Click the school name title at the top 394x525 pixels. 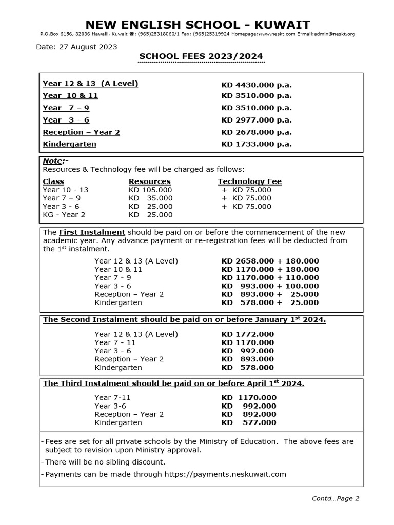(197, 24)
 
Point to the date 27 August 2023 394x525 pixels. (76, 47)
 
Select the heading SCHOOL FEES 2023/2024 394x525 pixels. (201, 56)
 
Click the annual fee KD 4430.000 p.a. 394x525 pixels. (256, 84)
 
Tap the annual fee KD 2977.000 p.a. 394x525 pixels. (256, 120)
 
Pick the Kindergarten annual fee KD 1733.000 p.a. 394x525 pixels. (256, 144)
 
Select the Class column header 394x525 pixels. (53, 181)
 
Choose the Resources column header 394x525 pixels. (149, 181)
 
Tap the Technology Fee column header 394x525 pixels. (249, 181)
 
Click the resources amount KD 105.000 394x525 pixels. (150, 190)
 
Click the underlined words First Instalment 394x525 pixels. (92, 232)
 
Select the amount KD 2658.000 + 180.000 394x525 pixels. (270, 261)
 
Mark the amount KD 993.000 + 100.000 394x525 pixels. (270, 286)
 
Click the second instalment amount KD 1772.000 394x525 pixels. (248, 334)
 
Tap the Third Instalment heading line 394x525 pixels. (173, 383)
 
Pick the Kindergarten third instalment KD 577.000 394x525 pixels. (249, 422)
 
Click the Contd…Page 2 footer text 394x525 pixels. (336, 498)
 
